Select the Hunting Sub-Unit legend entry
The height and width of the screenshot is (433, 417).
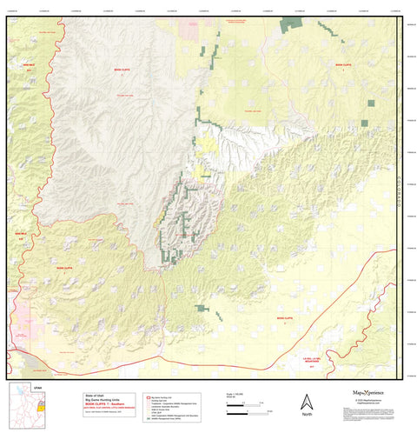pyautogui.click(x=152, y=399)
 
